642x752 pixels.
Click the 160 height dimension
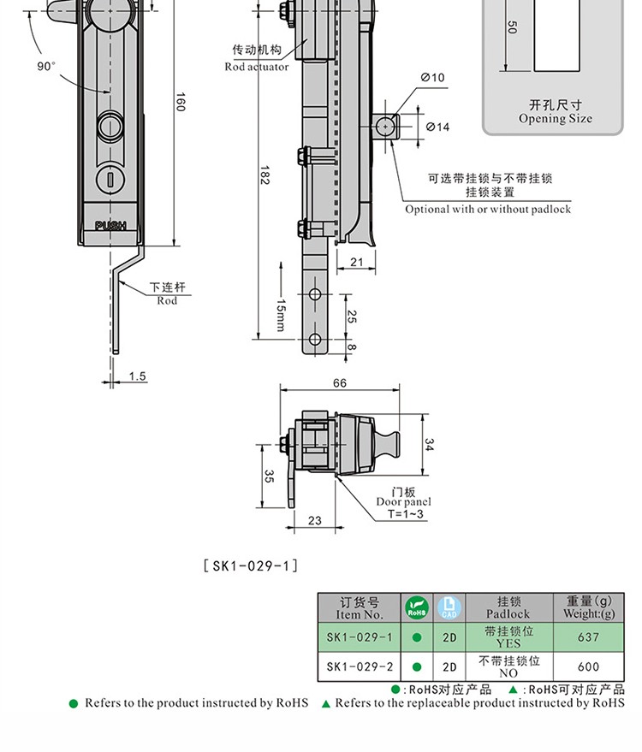(x=181, y=101)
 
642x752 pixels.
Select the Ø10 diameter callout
(x=432, y=78)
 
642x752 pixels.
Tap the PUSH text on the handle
(x=110, y=226)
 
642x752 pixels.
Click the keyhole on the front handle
(x=109, y=178)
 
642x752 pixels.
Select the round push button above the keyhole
(x=110, y=127)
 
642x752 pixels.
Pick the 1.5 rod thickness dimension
(x=137, y=376)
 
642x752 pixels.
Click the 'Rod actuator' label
(x=256, y=67)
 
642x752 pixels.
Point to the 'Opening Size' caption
(x=555, y=119)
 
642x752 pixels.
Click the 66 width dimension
(x=340, y=383)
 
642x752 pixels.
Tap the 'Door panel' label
(x=404, y=502)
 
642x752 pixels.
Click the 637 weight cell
(x=588, y=637)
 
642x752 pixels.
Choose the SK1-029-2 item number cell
(x=360, y=667)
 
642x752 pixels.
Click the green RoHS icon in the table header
(x=416, y=608)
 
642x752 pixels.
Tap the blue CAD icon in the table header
(x=449, y=608)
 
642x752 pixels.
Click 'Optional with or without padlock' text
(x=487, y=210)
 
